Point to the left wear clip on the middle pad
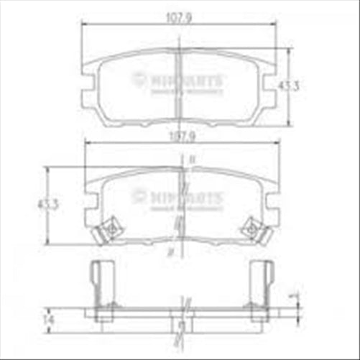click(x=110, y=229)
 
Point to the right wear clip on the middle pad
click(x=251, y=229)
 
